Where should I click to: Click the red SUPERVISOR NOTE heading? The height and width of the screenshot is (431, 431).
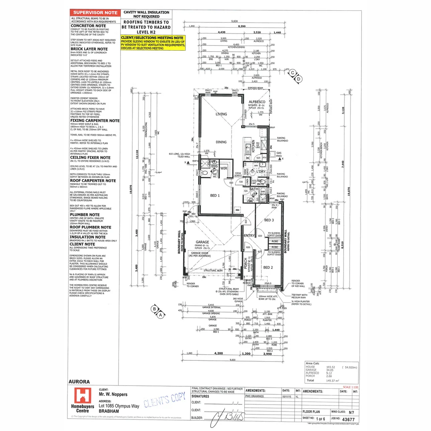click(95, 13)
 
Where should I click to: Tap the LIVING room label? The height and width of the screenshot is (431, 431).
click(221, 114)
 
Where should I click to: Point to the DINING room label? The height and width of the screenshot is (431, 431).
click(221, 142)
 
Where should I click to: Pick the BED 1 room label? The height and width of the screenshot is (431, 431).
click(215, 196)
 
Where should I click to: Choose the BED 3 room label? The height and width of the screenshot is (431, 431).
click(269, 220)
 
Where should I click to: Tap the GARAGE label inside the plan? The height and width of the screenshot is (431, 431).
click(202, 242)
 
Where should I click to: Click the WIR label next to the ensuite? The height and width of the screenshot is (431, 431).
click(224, 168)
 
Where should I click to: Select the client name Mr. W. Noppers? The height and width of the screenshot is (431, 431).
click(113, 395)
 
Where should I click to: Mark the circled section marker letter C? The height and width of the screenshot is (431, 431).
click(293, 73)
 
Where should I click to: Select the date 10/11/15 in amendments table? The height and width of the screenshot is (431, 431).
click(286, 397)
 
